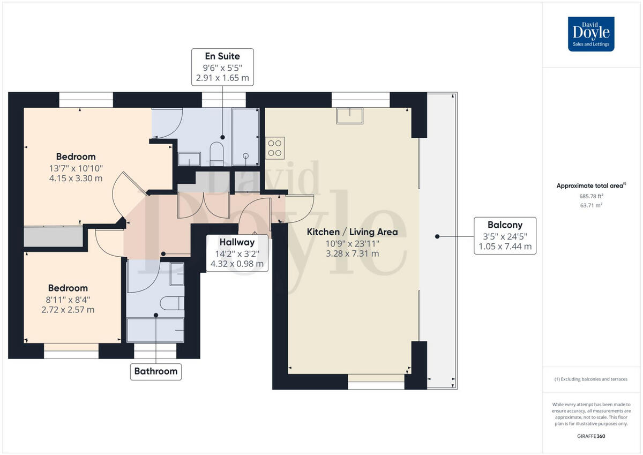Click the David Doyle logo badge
[591, 34]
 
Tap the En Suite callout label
[222, 67]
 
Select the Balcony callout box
[505, 236]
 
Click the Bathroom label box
[155, 371]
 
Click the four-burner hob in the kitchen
[275, 148]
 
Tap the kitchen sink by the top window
[349, 115]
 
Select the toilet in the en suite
[217, 151]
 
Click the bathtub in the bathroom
[155, 330]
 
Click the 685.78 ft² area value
[591, 196]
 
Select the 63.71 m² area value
[591, 205]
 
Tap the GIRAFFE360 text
[591, 436]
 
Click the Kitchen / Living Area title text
[352, 232]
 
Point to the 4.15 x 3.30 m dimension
[76, 178]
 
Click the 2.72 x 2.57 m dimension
[68, 309]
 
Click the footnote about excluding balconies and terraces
[591, 379]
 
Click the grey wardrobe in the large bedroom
[54, 236]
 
